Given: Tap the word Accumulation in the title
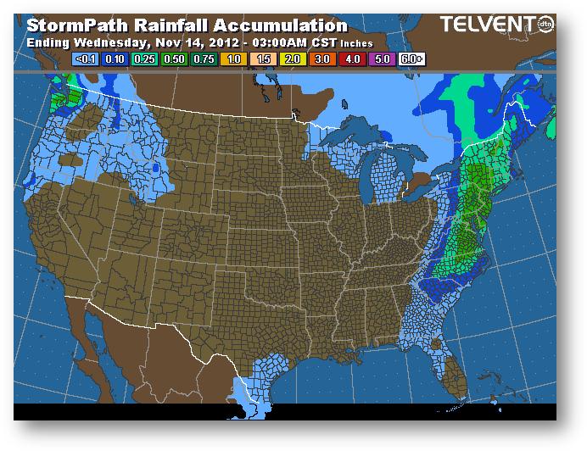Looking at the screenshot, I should pyautogui.click(x=279, y=25).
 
